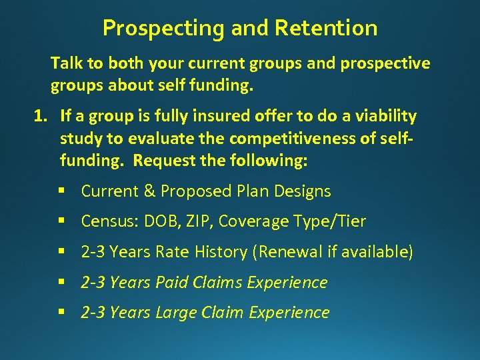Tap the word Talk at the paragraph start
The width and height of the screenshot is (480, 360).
(65, 63)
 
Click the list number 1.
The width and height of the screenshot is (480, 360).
(41, 117)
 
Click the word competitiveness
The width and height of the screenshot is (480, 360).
(266, 139)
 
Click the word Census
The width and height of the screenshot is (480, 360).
(106, 221)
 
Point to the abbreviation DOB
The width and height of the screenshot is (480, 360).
(157, 221)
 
